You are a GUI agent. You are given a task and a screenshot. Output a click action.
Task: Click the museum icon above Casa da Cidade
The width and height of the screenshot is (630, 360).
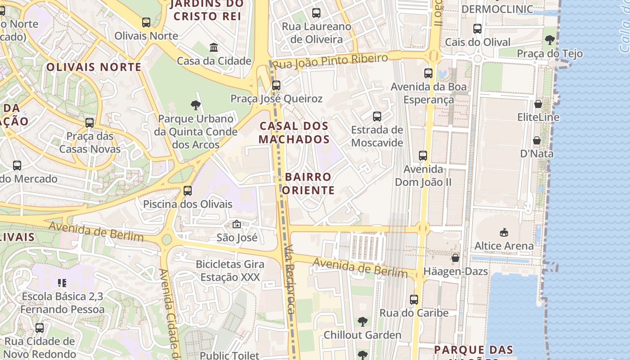[214, 47]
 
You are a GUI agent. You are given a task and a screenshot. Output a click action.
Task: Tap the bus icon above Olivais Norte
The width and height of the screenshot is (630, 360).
[146, 22]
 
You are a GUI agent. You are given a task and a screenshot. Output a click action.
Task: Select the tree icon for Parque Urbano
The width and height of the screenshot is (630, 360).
[195, 105]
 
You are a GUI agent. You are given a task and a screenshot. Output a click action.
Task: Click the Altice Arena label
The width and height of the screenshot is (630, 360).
[504, 246]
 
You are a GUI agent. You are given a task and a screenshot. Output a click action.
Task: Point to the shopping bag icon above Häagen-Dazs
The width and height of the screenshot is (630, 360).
[455, 258]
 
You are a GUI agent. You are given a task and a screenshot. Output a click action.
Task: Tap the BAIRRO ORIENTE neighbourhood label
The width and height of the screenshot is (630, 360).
[309, 183]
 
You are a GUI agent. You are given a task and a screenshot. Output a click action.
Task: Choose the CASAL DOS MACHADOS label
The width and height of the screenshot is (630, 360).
[294, 132]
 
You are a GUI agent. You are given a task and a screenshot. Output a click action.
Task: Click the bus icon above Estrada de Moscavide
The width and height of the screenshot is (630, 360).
[377, 117]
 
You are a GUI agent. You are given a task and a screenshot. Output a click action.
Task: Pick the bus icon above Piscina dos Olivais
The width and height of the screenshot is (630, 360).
[188, 191]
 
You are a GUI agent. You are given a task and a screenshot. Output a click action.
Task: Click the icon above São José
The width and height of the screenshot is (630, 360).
[237, 224]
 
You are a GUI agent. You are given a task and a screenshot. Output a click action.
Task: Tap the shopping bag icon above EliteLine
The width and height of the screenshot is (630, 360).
[538, 104]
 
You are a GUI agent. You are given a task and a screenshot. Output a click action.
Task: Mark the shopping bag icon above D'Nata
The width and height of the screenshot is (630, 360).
[536, 140]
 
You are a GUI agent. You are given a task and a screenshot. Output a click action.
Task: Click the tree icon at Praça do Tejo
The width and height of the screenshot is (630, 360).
[549, 40]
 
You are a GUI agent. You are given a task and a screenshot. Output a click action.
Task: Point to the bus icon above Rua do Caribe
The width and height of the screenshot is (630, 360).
[414, 299]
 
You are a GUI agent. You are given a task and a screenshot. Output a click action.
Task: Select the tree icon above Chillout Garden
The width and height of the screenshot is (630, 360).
[363, 322]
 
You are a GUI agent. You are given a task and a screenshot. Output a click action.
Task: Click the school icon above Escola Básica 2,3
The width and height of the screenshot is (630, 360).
[62, 283]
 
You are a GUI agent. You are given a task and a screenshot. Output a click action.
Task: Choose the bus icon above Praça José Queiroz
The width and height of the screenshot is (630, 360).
[276, 85]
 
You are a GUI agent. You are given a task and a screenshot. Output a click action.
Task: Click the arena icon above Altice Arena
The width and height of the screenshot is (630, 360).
[504, 233]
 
